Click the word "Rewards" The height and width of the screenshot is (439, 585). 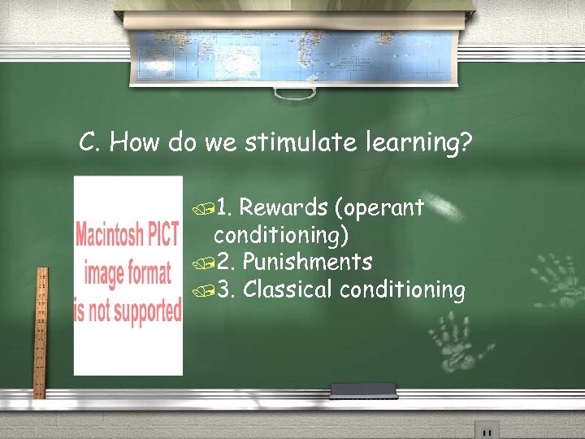283,208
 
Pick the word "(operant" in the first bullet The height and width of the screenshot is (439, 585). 379,209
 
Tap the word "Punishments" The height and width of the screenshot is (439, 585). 307,262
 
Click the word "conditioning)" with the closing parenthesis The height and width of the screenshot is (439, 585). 280,235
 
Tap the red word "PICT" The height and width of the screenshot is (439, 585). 162,237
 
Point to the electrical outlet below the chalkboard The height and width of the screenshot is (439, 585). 487,429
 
